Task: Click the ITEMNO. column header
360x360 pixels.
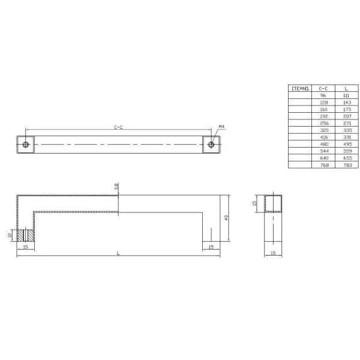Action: click(x=300, y=88)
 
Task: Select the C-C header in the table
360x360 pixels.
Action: click(x=323, y=88)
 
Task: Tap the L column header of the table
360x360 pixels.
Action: click(x=347, y=88)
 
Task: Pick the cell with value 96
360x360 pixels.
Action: click(x=323, y=95)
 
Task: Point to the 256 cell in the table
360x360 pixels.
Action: click(x=323, y=122)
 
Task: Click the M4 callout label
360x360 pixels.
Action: click(x=221, y=127)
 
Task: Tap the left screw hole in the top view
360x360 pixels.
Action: click(x=26, y=145)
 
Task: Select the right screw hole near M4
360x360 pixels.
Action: click(x=211, y=145)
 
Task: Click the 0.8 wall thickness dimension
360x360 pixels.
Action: click(x=116, y=187)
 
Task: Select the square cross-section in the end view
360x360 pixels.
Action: click(x=274, y=204)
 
